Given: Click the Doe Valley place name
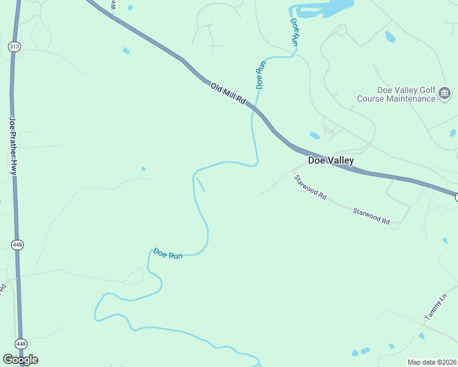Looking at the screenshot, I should pyautogui.click(x=331, y=161).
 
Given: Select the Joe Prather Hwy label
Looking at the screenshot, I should pyautogui.click(x=12, y=147).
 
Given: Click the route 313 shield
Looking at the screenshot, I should pyautogui.click(x=13, y=46).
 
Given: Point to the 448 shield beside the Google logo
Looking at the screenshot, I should pyautogui.click(x=21, y=344).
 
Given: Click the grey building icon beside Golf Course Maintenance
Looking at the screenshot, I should pyautogui.click(x=445, y=94).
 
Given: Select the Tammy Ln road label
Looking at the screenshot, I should pyautogui.click(x=436, y=308).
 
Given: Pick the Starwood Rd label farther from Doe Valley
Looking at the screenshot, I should pyautogui.click(x=371, y=215).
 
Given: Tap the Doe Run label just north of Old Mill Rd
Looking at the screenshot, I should pyautogui.click(x=260, y=73).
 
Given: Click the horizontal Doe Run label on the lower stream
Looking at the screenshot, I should pyautogui.click(x=168, y=253).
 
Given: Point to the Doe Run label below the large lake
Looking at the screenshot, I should pyautogui.click(x=295, y=32).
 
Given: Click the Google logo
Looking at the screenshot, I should pyautogui.click(x=20, y=359).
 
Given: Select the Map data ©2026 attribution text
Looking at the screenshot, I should pyautogui.click(x=432, y=361).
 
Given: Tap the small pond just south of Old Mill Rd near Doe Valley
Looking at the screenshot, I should pyautogui.click(x=315, y=135).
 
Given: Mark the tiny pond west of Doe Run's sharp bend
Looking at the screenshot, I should pyautogui.click(x=143, y=169).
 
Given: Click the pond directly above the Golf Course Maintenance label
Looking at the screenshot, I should pyautogui.click(x=390, y=37).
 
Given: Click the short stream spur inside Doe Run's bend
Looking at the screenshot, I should pyautogui.click(x=200, y=184).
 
